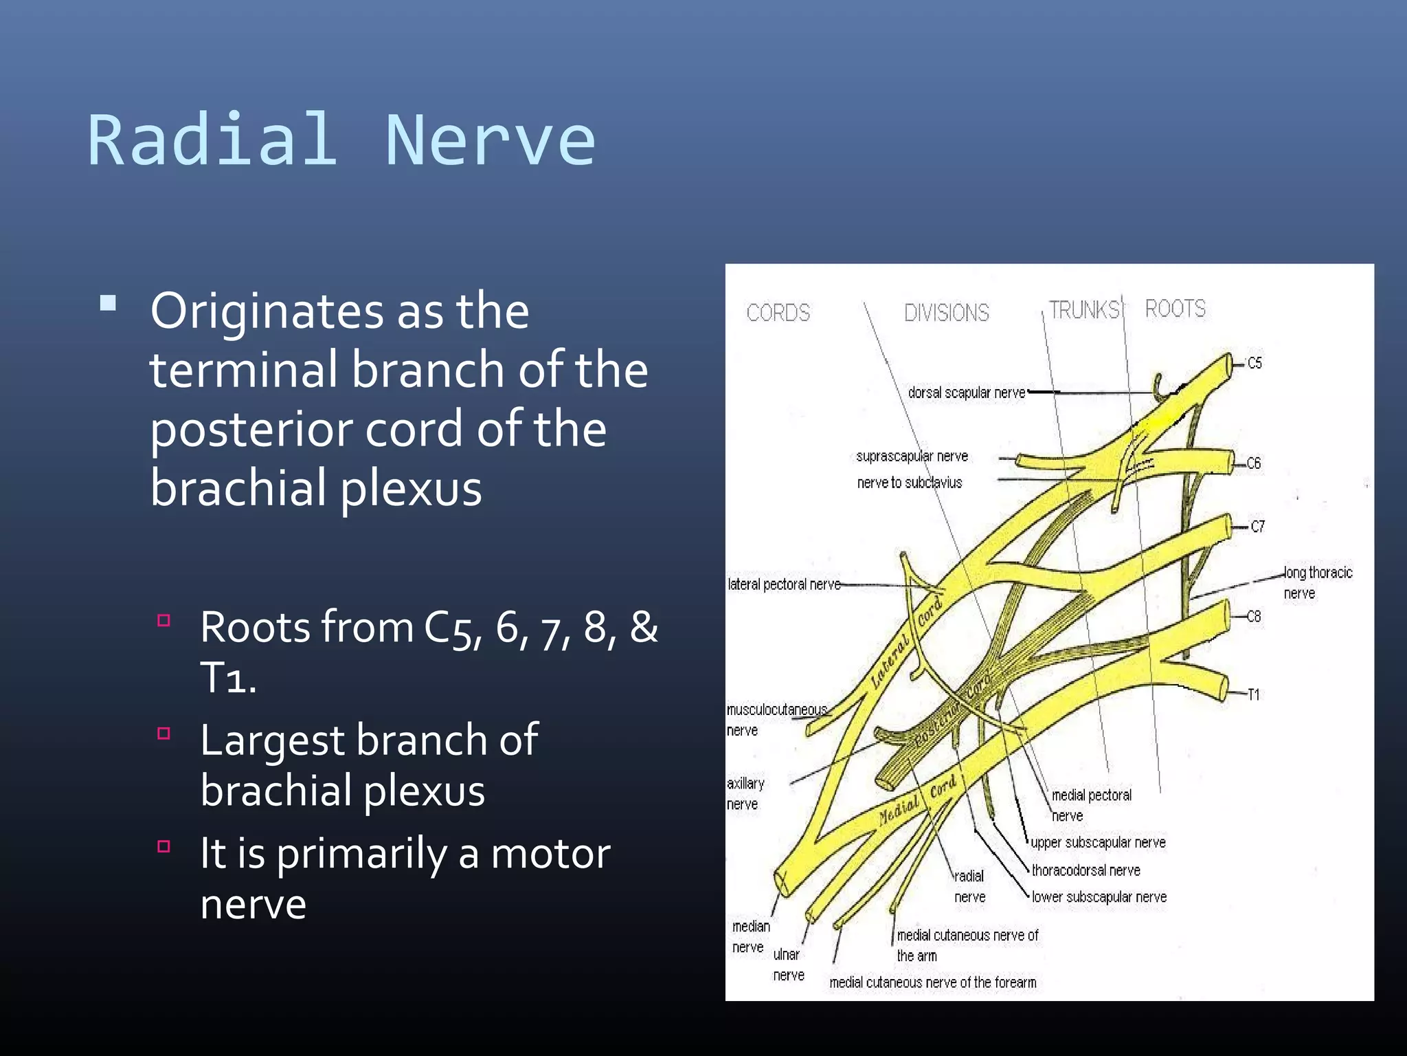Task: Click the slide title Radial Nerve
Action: (x=341, y=140)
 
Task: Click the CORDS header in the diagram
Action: (x=778, y=313)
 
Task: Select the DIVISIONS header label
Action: (x=946, y=313)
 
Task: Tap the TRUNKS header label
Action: (x=1083, y=310)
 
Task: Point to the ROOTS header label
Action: (x=1175, y=309)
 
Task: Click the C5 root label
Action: (x=1254, y=363)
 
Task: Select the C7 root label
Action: (x=1257, y=527)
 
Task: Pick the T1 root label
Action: (x=1254, y=694)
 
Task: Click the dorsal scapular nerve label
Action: (x=966, y=393)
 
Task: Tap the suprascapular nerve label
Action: (x=912, y=456)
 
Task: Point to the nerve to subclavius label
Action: (x=909, y=483)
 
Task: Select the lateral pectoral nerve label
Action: (x=784, y=584)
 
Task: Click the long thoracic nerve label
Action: (x=1317, y=582)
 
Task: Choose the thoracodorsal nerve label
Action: (x=1085, y=870)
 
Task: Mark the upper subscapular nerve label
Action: (x=1098, y=842)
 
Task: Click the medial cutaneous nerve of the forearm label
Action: (x=932, y=982)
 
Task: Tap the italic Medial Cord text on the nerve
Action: (x=917, y=800)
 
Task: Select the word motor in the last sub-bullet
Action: (x=550, y=854)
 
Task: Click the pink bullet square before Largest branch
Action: (x=164, y=734)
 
